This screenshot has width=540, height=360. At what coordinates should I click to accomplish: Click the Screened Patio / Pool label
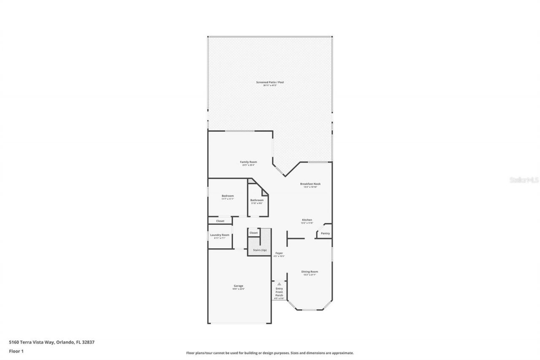(x=270, y=82)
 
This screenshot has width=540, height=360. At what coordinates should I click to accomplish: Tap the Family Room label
(x=248, y=162)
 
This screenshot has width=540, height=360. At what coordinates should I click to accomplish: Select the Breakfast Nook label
(x=310, y=184)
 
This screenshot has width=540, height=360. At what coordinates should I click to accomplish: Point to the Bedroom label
(x=228, y=196)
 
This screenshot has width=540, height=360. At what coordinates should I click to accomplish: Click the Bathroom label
(x=257, y=200)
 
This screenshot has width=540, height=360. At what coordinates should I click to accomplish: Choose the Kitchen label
(x=307, y=220)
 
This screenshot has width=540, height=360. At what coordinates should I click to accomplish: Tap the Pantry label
(x=325, y=233)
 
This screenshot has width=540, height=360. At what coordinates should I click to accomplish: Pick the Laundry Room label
(x=220, y=235)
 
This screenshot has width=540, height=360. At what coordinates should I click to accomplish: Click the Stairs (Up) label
(x=259, y=250)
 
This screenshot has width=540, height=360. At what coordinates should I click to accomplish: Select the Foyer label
(x=279, y=253)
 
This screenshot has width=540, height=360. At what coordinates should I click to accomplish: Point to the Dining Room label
(x=310, y=272)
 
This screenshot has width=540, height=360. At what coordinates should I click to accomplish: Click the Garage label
(x=238, y=286)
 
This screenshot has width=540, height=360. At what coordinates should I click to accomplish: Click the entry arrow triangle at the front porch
(x=279, y=284)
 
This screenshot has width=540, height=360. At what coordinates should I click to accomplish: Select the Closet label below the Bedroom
(x=220, y=221)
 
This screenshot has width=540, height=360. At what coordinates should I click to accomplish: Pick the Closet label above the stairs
(x=254, y=233)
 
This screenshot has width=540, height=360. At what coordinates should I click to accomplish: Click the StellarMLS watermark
(x=524, y=180)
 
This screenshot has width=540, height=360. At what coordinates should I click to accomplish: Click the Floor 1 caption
(x=16, y=350)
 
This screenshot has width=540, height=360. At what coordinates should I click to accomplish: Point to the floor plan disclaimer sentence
(x=270, y=353)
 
